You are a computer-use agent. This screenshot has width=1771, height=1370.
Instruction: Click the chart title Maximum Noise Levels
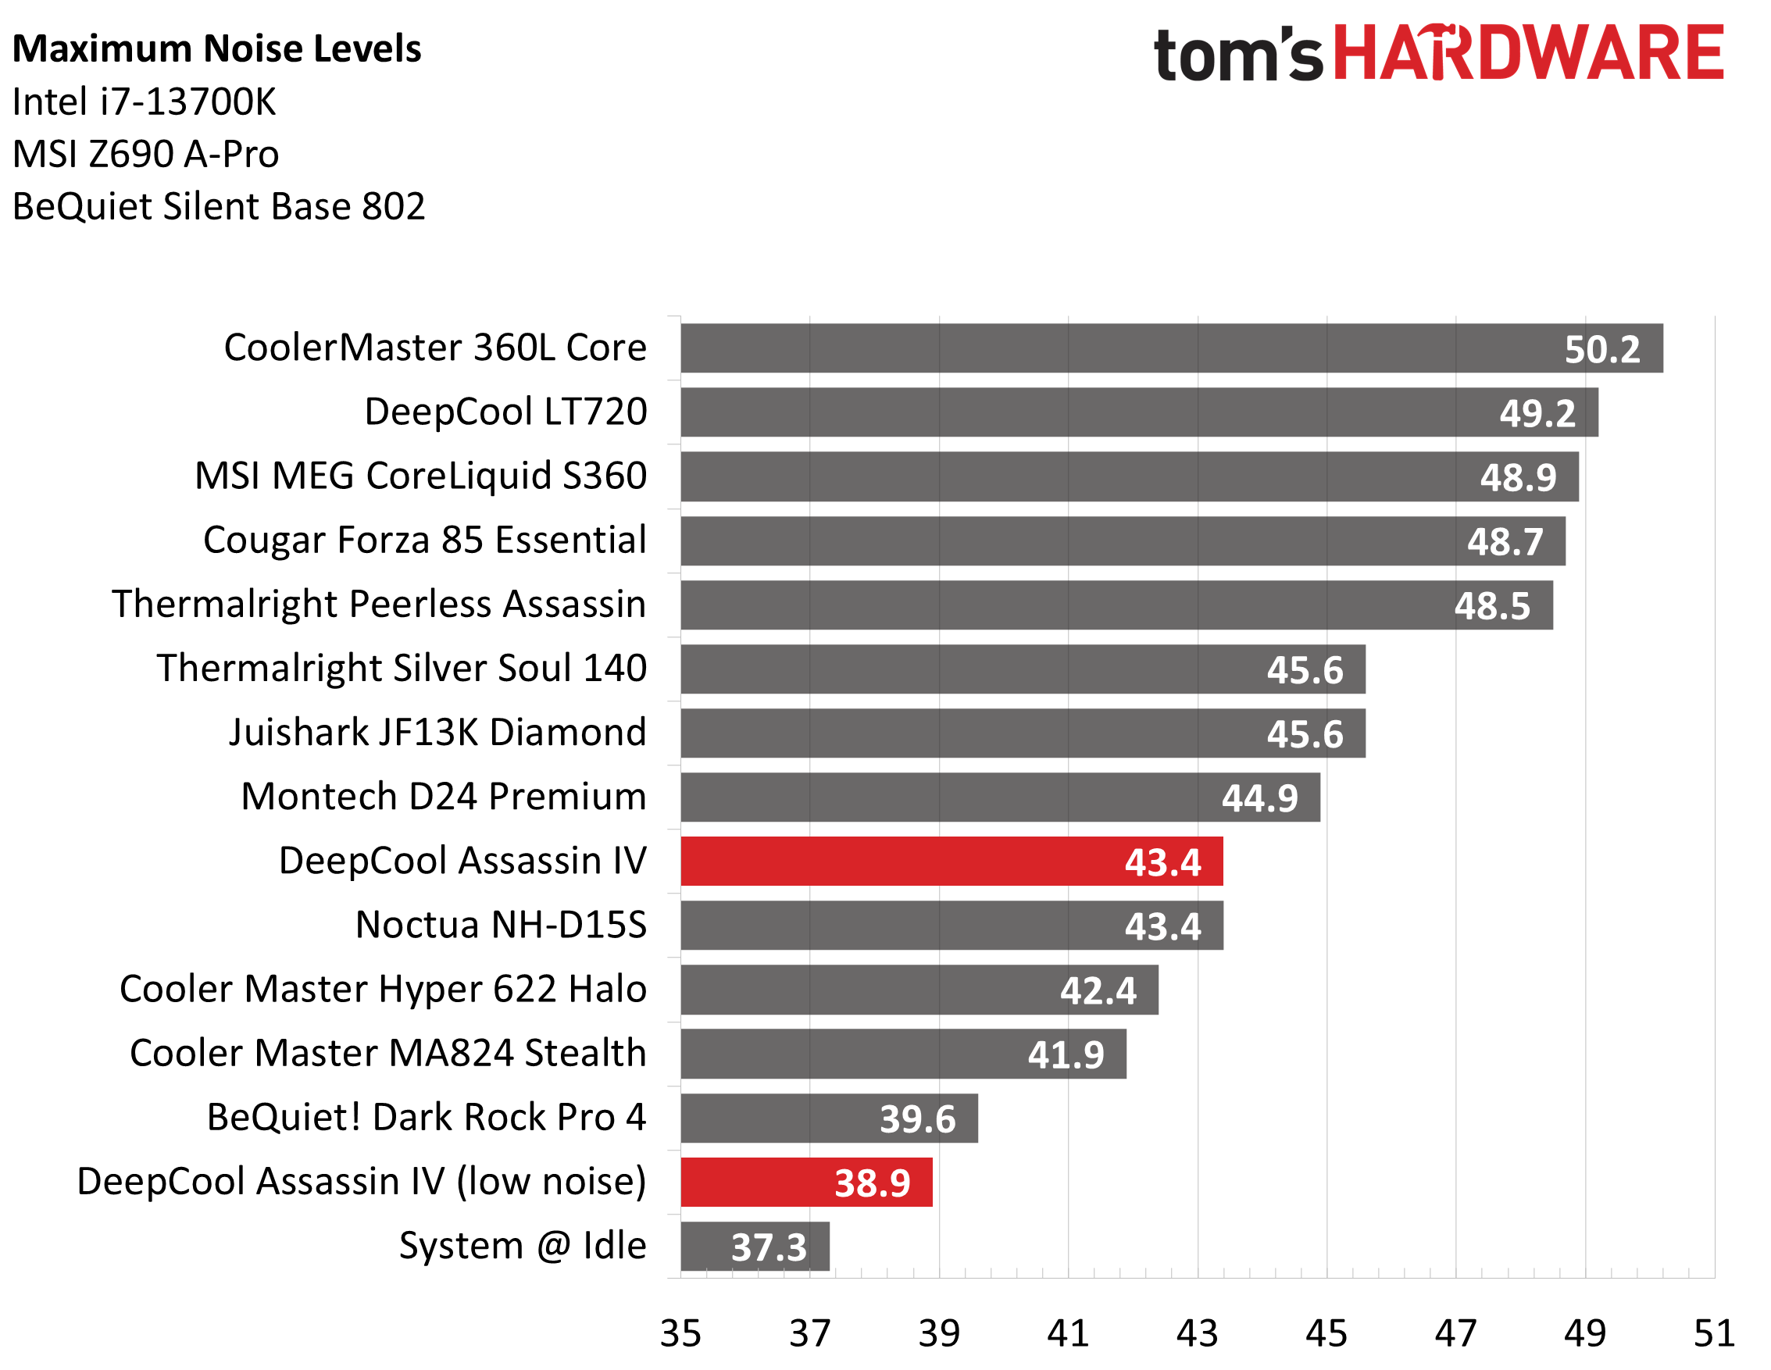click(x=216, y=48)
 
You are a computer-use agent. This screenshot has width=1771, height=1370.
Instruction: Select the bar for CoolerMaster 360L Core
click(x=1171, y=348)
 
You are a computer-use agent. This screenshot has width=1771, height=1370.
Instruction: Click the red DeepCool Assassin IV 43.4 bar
click(x=951, y=861)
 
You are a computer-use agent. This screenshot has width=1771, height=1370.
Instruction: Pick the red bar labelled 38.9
click(x=806, y=1182)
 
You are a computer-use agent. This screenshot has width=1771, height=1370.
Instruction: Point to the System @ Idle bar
click(x=754, y=1246)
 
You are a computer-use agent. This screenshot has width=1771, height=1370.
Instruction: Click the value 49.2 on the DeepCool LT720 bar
click(x=1537, y=413)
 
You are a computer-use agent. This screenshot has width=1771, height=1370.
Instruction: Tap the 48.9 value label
click(x=1518, y=477)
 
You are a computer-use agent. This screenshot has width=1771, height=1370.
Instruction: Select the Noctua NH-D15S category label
click(x=501, y=925)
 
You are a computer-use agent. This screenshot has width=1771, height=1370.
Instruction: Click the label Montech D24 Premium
click(x=444, y=797)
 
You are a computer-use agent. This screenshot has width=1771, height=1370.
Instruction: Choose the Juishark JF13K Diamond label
click(x=437, y=733)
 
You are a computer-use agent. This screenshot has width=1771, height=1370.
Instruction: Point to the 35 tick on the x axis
click(x=680, y=1333)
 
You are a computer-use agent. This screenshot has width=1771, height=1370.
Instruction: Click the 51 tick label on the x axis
click(x=1713, y=1333)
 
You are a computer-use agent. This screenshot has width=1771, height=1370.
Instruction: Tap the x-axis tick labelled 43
click(x=1197, y=1333)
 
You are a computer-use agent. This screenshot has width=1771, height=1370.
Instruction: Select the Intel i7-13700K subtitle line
click(x=145, y=102)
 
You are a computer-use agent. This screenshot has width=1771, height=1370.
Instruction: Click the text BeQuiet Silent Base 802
click(x=219, y=207)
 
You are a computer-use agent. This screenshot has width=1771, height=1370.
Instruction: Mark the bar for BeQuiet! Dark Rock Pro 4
click(x=829, y=1118)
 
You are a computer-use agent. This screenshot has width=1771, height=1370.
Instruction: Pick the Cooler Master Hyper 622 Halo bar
click(x=919, y=990)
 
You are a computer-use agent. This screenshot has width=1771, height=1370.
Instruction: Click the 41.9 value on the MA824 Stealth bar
click(x=1066, y=1054)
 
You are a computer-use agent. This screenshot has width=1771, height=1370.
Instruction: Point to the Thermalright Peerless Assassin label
click(x=379, y=605)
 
